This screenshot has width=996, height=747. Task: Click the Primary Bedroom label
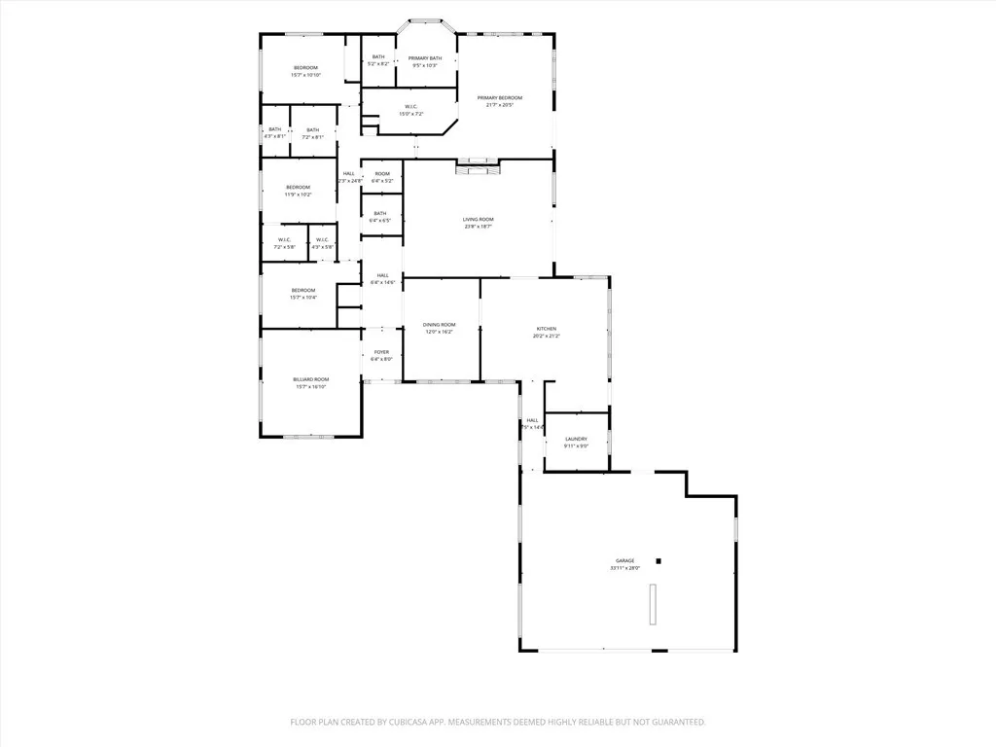(499, 97)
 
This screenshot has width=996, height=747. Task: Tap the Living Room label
(478, 220)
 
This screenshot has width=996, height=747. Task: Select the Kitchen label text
(546, 331)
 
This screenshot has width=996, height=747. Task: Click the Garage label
(623, 561)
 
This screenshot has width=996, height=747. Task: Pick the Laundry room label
(576, 439)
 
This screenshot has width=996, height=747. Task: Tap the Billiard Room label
(311, 379)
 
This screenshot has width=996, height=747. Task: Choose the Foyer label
(381, 352)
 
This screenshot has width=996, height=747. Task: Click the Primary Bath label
(425, 57)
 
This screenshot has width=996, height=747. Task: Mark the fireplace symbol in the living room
(477, 166)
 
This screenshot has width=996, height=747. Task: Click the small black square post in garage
(658, 560)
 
